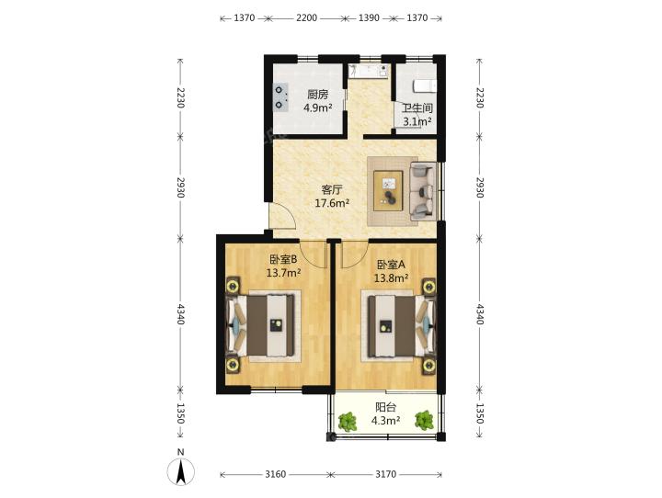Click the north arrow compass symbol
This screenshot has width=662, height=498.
pyautogui.click(x=181, y=471)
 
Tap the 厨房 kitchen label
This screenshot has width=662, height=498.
pyautogui.click(x=317, y=94)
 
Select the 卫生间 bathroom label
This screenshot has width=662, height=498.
pyautogui.click(x=417, y=108)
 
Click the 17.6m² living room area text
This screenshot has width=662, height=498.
pyautogui.click(x=332, y=203)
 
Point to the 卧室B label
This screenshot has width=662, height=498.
pyautogui.click(x=283, y=259)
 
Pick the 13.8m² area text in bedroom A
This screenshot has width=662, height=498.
pyautogui.click(x=391, y=277)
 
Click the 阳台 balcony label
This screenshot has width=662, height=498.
pyautogui.click(x=386, y=407)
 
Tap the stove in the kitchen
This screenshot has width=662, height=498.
pyautogui.click(x=280, y=97)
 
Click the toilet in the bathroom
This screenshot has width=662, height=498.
pyautogui.click(x=424, y=86)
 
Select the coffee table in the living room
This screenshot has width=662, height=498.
pyautogui.click(x=388, y=190)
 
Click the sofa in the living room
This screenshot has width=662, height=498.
pyautogui.click(x=423, y=191)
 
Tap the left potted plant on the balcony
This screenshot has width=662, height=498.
pyautogui.click(x=348, y=421)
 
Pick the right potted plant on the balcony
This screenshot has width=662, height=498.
pyautogui.click(x=424, y=420)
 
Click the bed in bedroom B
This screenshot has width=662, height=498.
pyautogui.click(x=260, y=325)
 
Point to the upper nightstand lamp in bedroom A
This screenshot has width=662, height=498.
pyautogui.click(x=429, y=287)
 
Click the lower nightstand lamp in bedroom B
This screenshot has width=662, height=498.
pyautogui.click(x=232, y=365)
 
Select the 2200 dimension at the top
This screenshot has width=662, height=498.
pyautogui.click(x=306, y=17)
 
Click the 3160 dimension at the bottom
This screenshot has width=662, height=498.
pyautogui.click(x=275, y=474)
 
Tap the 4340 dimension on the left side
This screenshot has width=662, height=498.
pyautogui.click(x=181, y=313)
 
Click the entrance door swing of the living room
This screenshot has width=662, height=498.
pyautogui.click(x=282, y=216)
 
